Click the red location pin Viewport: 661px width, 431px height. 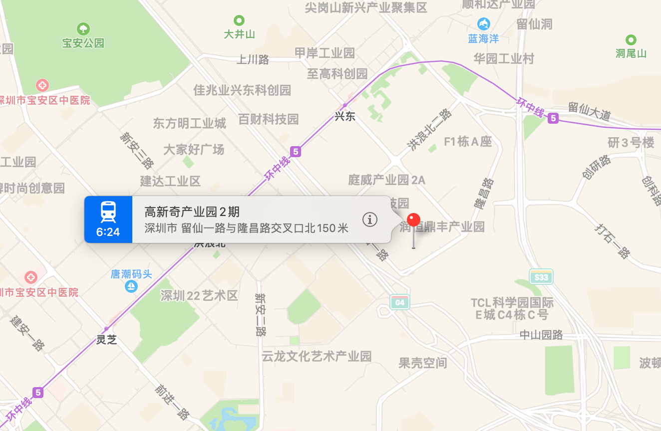click(413, 220)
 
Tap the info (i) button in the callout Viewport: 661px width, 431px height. click(369, 219)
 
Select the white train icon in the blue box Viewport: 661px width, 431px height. click(108, 212)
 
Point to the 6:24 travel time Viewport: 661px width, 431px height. click(108, 232)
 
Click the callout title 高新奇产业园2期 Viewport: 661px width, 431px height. click(192, 212)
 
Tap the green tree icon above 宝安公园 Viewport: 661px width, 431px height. click(83, 28)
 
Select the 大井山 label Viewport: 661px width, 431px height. click(240, 34)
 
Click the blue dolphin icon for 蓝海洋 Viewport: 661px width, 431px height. click(483, 23)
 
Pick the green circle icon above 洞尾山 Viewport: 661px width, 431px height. click(631, 39)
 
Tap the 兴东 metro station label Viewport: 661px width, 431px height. click(344, 117)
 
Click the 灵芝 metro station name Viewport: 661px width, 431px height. click(106, 340)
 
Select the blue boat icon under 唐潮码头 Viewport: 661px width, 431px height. click(131, 286)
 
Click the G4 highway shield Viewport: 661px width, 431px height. click(400, 302)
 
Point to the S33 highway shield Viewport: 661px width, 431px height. click(541, 277)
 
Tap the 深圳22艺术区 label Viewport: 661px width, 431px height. click(199, 296)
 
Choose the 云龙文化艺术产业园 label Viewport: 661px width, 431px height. click(317, 356)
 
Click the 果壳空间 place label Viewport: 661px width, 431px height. click(422, 363)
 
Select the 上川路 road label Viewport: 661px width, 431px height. click(253, 60)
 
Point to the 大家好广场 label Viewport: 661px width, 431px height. click(194, 149)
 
